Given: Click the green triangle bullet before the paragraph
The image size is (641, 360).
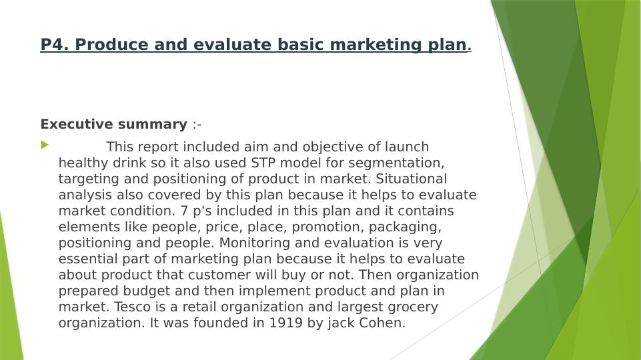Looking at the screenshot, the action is pos(45,145).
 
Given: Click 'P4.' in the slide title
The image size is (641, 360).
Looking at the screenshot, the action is pos(55,45).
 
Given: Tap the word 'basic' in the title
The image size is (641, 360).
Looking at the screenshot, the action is pos(300,45).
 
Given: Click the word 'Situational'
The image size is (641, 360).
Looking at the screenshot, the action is pos(412,179).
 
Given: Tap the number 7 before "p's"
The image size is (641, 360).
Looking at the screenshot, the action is pos(184,211).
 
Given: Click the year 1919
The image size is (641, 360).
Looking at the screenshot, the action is pos(285,323).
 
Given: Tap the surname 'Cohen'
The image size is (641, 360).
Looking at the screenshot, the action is pos(382,323).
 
